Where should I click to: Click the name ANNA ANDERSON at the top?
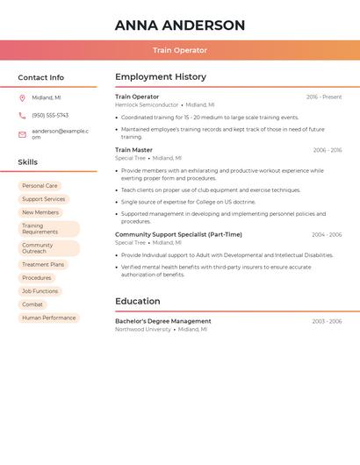(x=180, y=25)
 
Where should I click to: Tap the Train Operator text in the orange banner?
(x=180, y=51)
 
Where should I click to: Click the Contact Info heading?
(x=41, y=77)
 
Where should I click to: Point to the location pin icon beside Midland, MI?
(x=22, y=97)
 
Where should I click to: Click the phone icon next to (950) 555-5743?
(x=22, y=115)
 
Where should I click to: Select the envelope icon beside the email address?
(x=22, y=134)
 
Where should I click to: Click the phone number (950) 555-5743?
(x=50, y=115)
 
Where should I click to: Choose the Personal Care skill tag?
(x=40, y=186)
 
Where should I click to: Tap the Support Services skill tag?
(x=43, y=199)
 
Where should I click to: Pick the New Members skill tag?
(x=40, y=212)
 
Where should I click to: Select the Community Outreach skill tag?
(x=38, y=248)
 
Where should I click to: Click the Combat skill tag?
(x=32, y=304)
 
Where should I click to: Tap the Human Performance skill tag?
(x=48, y=318)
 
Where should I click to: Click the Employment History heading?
(x=161, y=77)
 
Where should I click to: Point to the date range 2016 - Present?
(x=324, y=97)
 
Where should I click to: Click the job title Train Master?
(x=133, y=150)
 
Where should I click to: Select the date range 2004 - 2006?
(x=327, y=234)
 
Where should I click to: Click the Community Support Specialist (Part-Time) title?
(x=178, y=234)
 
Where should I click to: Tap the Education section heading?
(x=138, y=301)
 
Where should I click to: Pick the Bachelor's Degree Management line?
(x=163, y=321)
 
